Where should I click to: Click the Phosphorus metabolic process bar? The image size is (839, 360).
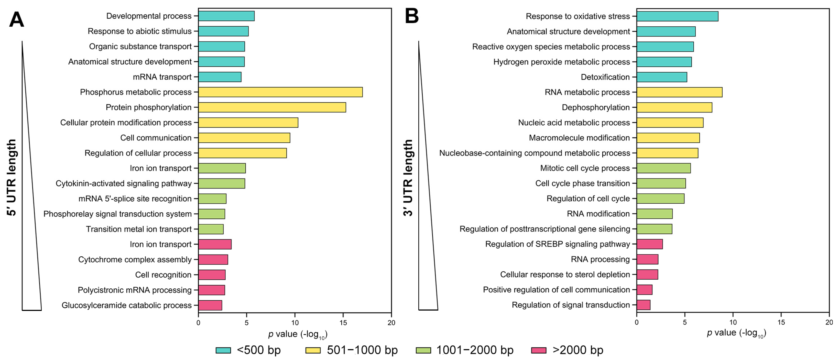point(280,92)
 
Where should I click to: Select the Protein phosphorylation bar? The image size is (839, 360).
point(272,107)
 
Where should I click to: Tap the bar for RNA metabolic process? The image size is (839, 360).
point(679,92)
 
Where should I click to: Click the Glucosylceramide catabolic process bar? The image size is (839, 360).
point(210,305)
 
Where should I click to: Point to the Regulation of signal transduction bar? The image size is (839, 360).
point(643,305)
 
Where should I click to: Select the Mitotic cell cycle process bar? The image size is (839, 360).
point(663,168)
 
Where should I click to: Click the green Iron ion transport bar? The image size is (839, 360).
point(222,168)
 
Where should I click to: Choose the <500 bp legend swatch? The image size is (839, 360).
point(223,350)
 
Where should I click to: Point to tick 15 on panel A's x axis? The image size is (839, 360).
point(343,323)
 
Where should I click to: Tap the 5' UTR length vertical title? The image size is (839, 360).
point(12,178)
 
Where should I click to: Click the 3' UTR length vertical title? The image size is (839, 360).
point(408,178)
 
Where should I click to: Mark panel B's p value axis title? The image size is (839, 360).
point(736,333)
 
